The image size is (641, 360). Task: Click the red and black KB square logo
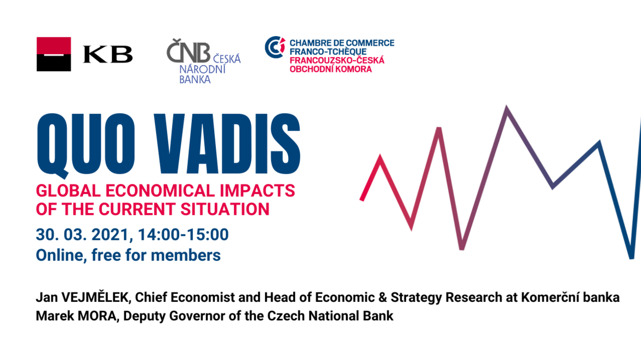click(x=54, y=54)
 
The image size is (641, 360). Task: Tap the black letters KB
click(x=108, y=54)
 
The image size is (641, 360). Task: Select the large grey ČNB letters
click(x=188, y=51)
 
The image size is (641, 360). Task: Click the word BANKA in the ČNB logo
click(x=195, y=79)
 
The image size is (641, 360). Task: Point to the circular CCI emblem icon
click(x=274, y=47)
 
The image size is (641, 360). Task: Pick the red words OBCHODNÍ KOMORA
click(x=331, y=69)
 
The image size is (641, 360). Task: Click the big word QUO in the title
click(x=86, y=145)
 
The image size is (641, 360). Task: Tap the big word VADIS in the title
click(x=227, y=144)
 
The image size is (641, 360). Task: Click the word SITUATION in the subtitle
click(x=225, y=209)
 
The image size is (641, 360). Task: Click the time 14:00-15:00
click(x=183, y=235)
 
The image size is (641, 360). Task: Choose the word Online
click(x=61, y=255)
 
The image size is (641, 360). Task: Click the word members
click(x=186, y=255)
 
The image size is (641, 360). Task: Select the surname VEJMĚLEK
click(x=96, y=297)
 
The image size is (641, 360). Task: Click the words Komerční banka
click(x=570, y=297)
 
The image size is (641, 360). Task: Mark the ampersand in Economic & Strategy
click(x=382, y=298)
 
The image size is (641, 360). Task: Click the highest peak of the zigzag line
click(x=507, y=108)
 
